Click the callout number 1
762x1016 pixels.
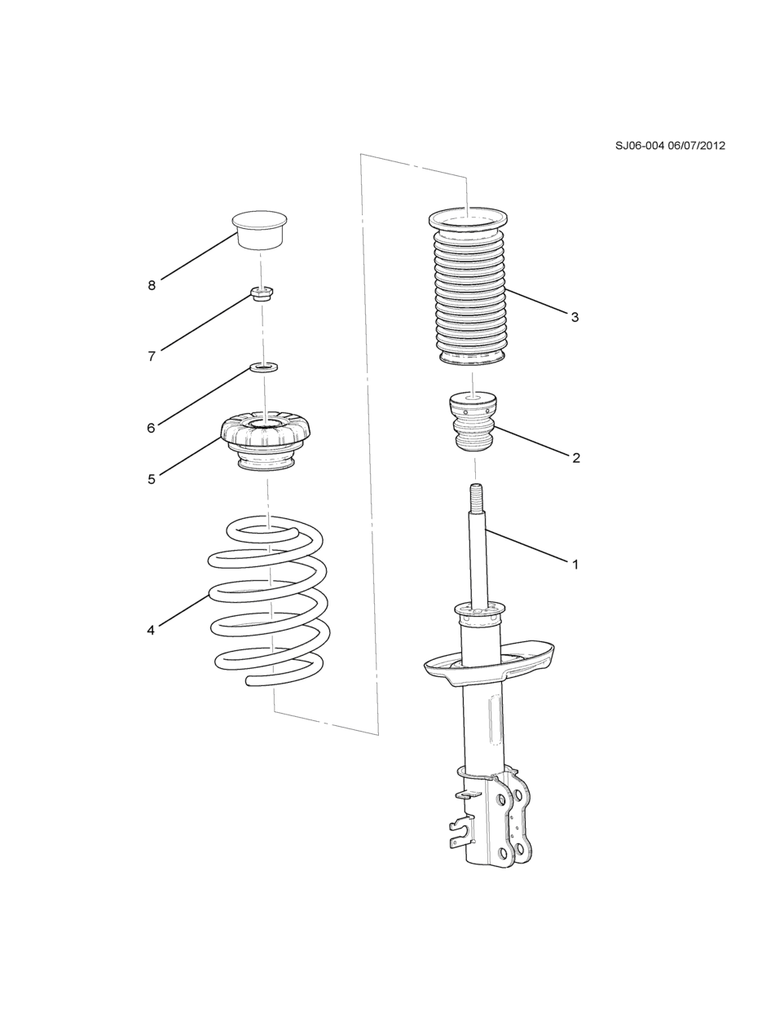coord(575,565)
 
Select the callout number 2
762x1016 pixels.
coord(576,458)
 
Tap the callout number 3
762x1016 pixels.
coord(575,317)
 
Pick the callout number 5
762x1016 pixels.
coord(152,479)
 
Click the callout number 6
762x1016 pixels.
coord(151,428)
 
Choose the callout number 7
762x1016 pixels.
coord(152,356)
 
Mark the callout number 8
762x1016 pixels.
coord(152,286)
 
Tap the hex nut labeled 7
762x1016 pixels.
coord(262,293)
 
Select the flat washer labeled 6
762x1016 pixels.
coord(263,368)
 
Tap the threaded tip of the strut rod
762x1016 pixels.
coord(476,499)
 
